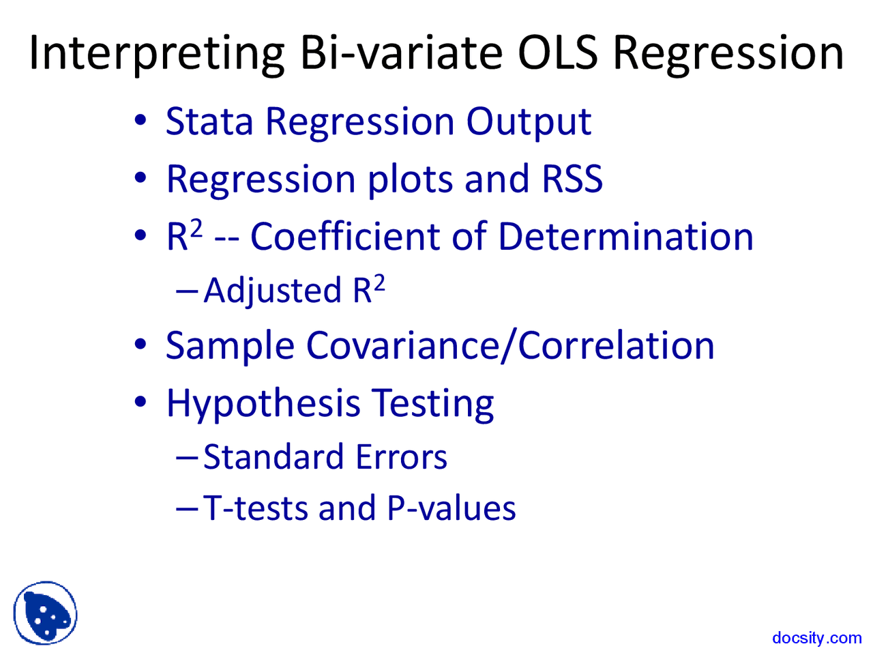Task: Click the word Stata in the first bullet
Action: coord(209,122)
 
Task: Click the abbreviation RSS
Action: coord(572,179)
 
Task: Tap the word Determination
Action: coord(625,237)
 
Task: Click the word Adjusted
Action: coord(273,291)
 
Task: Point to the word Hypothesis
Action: coord(263,405)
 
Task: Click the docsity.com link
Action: coord(816,638)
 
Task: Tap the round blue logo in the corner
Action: coord(45,613)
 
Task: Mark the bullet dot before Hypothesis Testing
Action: coord(140,401)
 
